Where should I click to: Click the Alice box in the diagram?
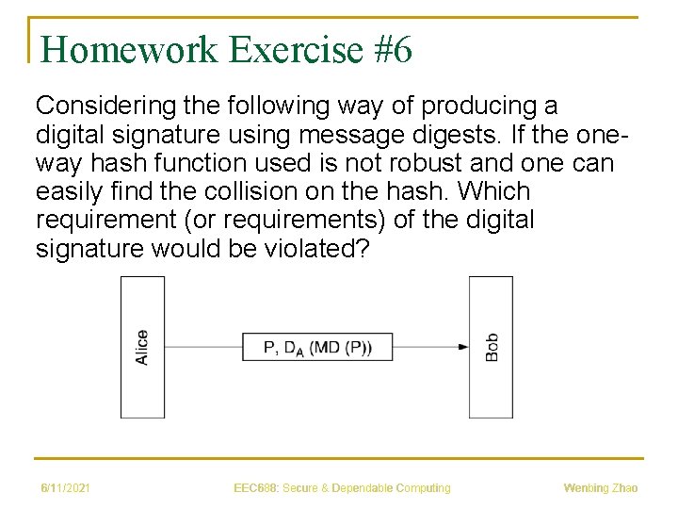pos(142,347)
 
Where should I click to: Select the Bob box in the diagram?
pos(492,347)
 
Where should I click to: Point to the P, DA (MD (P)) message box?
pos(316,347)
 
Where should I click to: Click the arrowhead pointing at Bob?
pos(463,347)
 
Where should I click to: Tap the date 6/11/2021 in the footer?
pos(65,488)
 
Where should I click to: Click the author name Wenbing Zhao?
pos(600,488)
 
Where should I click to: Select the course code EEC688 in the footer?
pos(252,488)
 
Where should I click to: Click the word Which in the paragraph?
pos(496,191)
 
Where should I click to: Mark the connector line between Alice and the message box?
pos(202,347)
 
